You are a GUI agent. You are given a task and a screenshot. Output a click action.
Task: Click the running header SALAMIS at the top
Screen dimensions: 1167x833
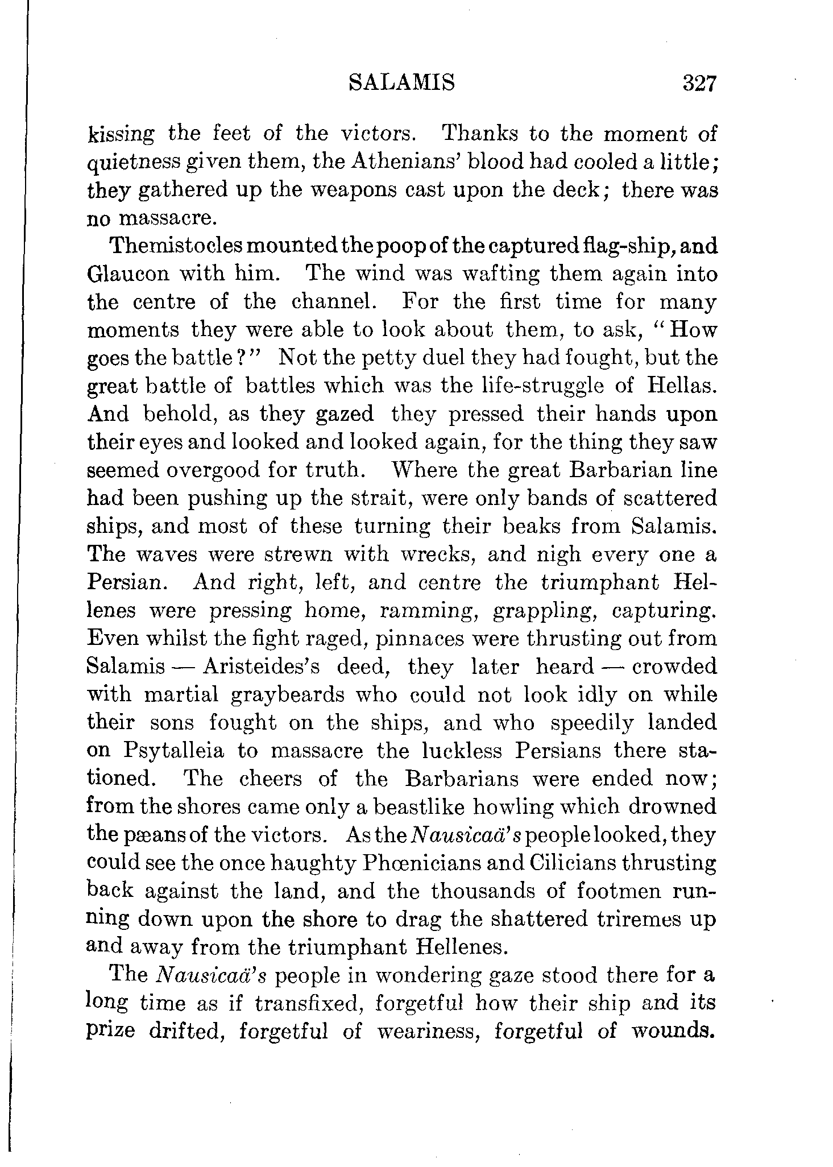[401, 84]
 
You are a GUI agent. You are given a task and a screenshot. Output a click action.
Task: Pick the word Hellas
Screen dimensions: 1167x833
[681, 386]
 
